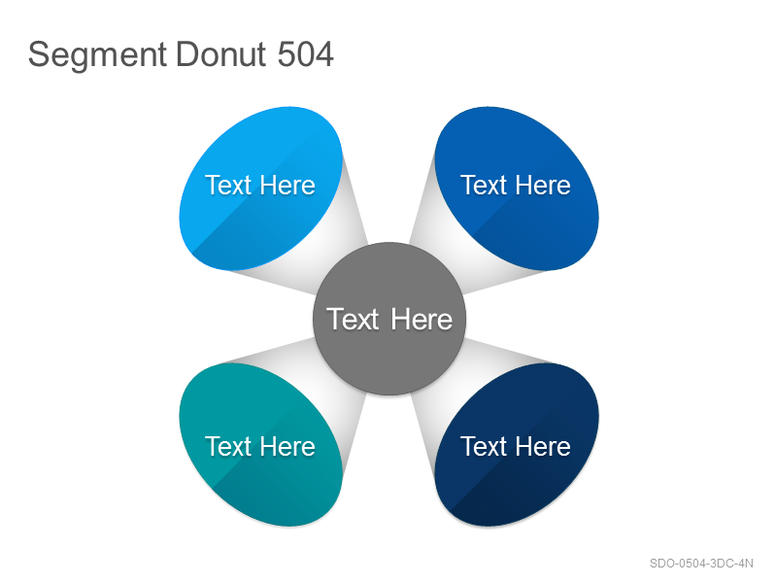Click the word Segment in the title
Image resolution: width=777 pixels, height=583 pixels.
coord(98,55)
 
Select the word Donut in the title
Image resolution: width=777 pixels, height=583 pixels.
coord(221,53)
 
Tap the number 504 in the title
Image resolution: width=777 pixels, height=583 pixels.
coord(305,53)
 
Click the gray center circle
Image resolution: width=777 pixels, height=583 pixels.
coord(389,319)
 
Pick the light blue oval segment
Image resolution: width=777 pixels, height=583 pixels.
coord(260,189)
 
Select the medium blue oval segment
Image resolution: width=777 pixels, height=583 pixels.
coord(517,189)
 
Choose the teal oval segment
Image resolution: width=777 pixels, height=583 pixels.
coord(260,444)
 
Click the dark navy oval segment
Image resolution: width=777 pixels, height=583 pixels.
coord(517,444)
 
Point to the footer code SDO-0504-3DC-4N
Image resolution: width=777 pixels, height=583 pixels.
coord(701,564)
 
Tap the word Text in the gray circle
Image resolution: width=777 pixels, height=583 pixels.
coord(353,319)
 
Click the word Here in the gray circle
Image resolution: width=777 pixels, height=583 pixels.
coord(422,319)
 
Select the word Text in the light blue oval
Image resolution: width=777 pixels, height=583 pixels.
coord(228,186)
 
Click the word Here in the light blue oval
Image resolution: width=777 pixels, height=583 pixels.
coord(287,186)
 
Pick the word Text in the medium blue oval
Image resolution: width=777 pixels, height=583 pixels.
coord(484,186)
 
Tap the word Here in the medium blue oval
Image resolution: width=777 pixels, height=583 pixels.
coord(544,186)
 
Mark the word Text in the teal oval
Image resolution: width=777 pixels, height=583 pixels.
coord(228,446)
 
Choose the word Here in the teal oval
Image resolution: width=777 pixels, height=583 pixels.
coord(287,446)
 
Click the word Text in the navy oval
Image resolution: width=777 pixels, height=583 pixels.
coord(484,446)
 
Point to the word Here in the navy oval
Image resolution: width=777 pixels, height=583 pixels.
coord(544,446)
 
